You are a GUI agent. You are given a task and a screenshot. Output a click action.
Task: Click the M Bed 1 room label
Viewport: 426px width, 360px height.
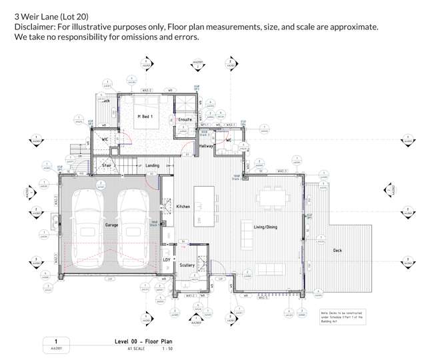click(145, 117)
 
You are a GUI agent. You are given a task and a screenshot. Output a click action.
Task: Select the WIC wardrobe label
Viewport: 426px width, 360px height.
click(105, 139)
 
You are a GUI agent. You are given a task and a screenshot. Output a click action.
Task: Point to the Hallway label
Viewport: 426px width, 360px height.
click(206, 145)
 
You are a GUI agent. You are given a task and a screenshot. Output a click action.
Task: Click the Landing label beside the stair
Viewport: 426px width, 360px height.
click(153, 165)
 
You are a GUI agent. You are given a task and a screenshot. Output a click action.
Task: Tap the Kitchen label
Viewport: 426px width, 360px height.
click(183, 207)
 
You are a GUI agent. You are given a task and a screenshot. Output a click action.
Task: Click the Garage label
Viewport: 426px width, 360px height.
click(111, 225)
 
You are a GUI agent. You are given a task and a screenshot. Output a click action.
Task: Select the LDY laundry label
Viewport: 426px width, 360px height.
click(167, 259)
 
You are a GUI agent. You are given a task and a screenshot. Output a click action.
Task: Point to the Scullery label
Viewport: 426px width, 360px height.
click(187, 265)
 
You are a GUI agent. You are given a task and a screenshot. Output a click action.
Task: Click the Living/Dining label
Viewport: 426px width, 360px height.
click(265, 227)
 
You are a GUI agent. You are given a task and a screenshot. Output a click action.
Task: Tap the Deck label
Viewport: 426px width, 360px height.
click(338, 250)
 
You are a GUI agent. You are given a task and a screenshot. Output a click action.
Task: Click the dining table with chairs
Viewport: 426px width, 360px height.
click(273, 197)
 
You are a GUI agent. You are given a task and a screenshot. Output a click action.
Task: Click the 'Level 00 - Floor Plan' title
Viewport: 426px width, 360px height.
click(141, 340)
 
